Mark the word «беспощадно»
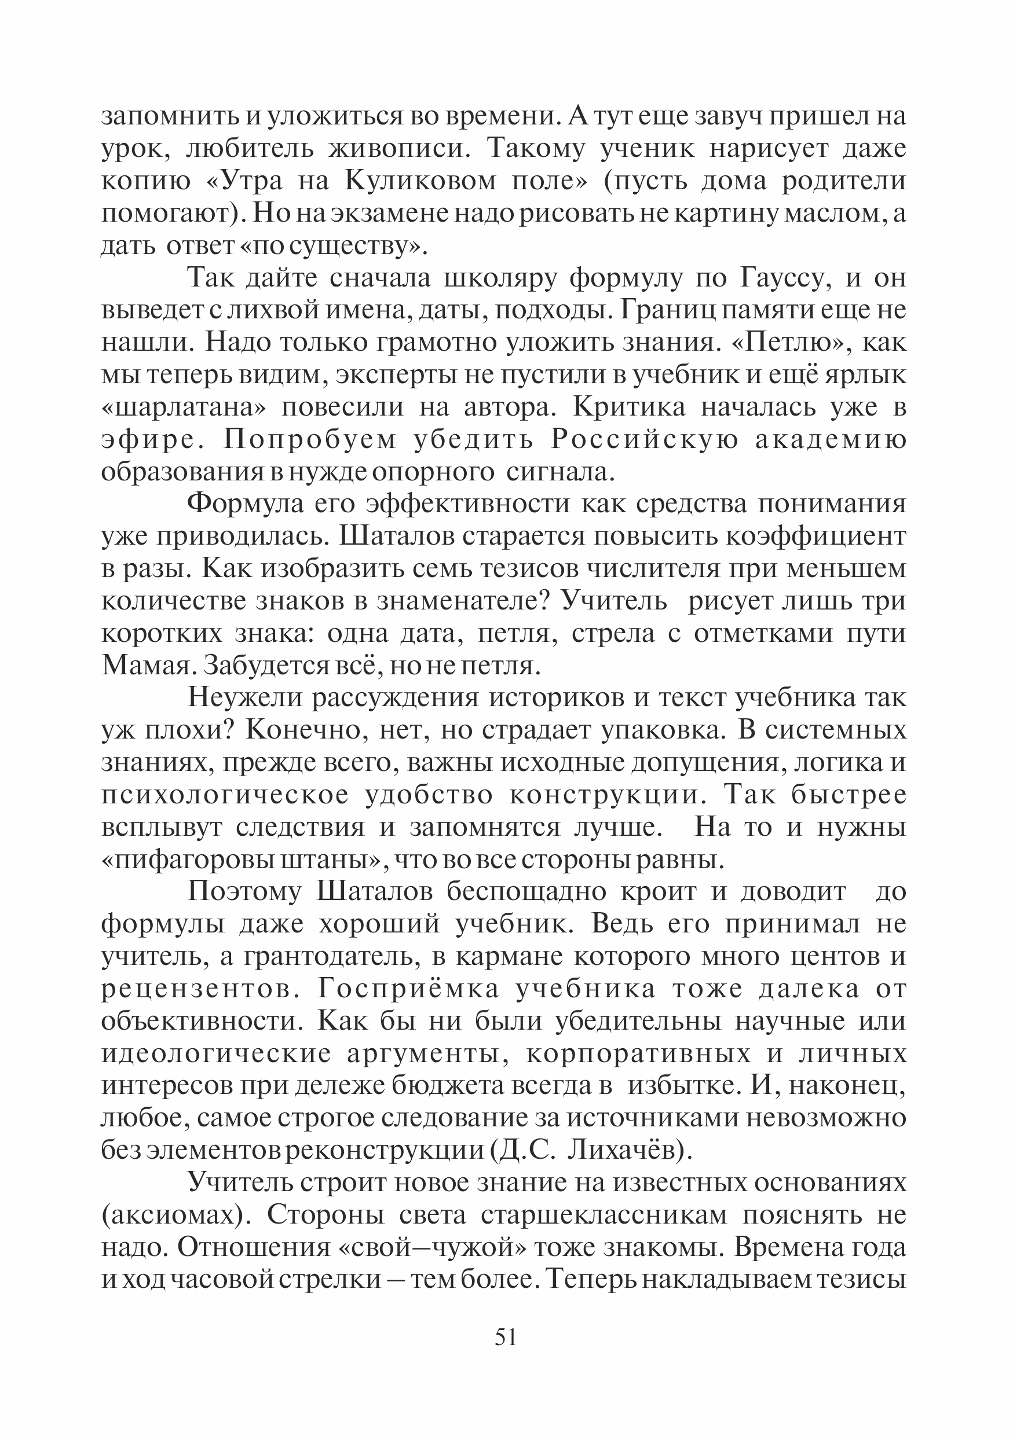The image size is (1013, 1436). [x=526, y=893]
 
